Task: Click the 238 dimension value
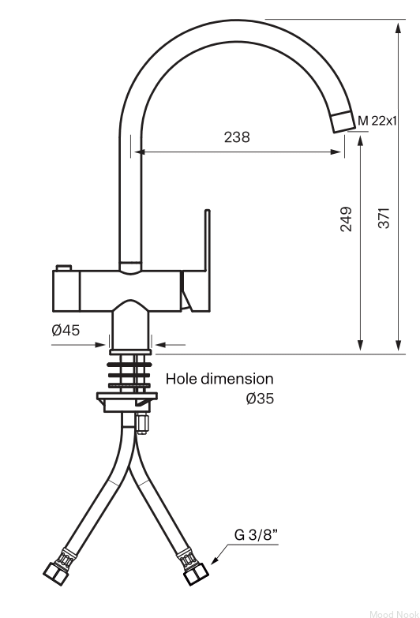(237, 137)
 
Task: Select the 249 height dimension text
(346, 219)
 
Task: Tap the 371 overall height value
(384, 218)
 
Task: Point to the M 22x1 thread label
(377, 121)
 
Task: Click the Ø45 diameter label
(66, 330)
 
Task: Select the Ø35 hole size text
(260, 399)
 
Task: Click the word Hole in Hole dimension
(182, 379)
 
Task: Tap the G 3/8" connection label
(256, 535)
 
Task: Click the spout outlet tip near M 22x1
(343, 122)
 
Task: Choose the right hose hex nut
(196, 574)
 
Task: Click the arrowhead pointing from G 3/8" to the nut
(215, 560)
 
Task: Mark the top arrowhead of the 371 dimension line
(399, 28)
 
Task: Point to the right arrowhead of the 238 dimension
(336, 152)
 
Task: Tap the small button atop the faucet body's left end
(63, 268)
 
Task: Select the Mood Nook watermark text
(394, 614)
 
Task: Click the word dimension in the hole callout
(237, 379)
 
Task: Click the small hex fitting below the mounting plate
(141, 424)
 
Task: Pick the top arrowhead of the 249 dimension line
(360, 142)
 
